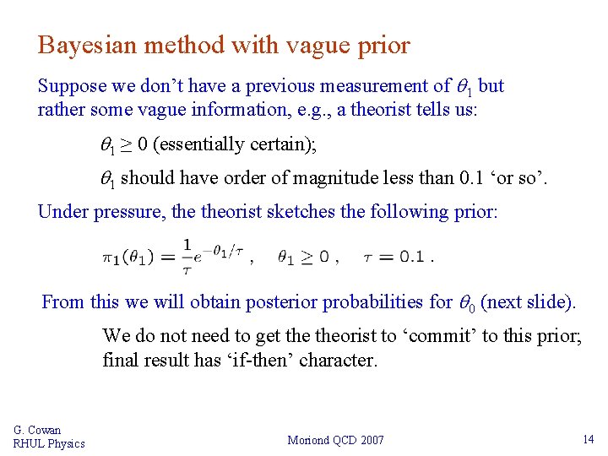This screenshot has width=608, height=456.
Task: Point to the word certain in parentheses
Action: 285,145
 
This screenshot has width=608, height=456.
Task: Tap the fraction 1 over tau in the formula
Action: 187,256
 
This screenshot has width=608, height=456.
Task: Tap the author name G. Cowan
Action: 37,431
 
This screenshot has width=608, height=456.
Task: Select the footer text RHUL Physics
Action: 49,444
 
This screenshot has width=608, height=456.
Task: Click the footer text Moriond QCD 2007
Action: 335,440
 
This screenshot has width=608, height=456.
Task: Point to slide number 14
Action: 589,439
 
